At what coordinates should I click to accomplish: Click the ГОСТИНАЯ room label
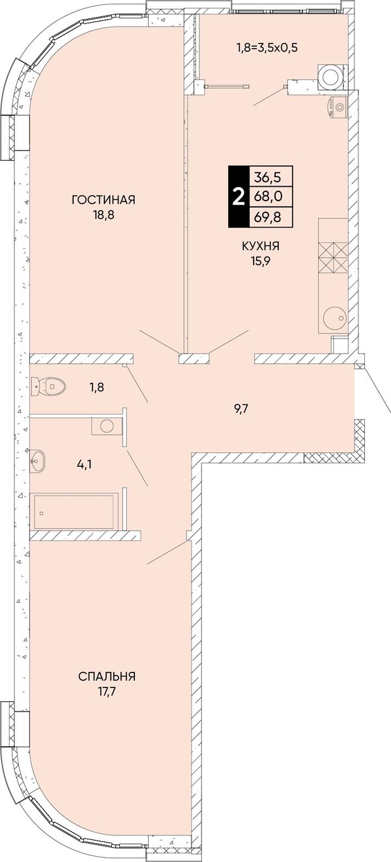pyautogui.click(x=103, y=200)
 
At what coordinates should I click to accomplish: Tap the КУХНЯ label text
pyautogui.click(x=261, y=246)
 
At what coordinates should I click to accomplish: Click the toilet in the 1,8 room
pyautogui.click(x=48, y=385)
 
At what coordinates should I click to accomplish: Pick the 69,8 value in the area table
pyautogui.click(x=267, y=217)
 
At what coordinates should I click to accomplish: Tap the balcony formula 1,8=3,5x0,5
pyautogui.click(x=267, y=48)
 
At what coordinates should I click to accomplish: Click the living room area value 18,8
pyautogui.click(x=103, y=214)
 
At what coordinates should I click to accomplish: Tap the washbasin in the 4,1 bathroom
pyautogui.click(x=38, y=461)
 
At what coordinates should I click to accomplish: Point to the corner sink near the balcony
pyautogui.click(x=337, y=107)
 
